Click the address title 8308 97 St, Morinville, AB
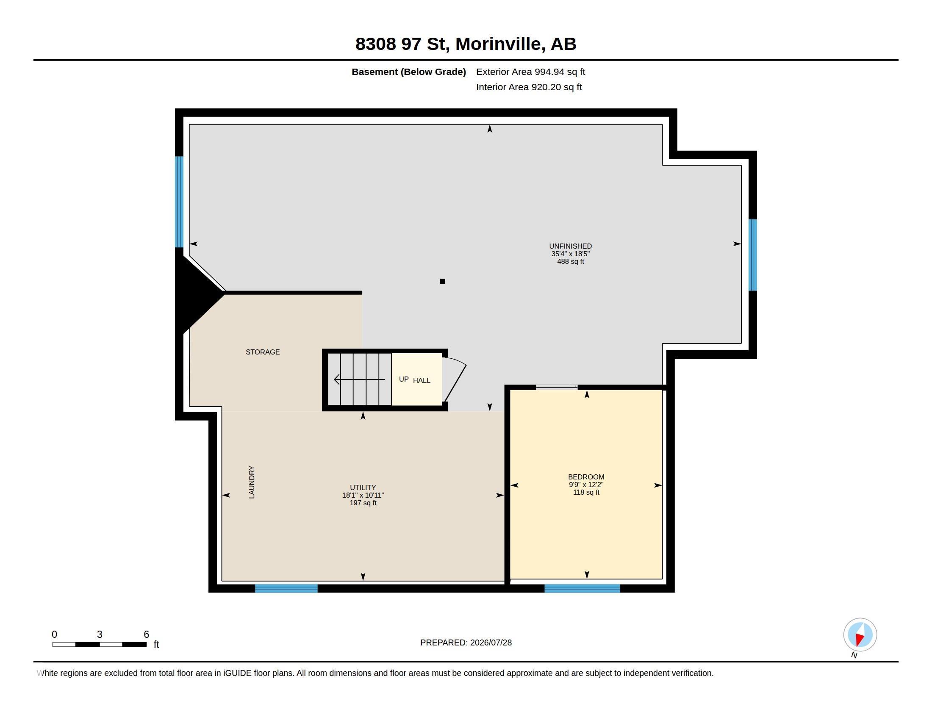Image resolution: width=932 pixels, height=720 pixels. pos(466,44)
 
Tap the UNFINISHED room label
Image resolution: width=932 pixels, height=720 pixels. pos(570,246)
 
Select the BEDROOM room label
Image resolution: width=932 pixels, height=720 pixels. pos(586,477)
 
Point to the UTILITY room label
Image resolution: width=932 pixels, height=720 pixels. pos(363,487)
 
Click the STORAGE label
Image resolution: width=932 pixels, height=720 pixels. pos(263,352)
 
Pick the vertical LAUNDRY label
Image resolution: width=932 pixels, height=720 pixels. pos(252,482)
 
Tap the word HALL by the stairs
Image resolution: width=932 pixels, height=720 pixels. pos(422,380)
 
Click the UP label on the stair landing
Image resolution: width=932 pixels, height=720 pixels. pos(404,379)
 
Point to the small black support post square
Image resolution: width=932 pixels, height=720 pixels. pos(443,281)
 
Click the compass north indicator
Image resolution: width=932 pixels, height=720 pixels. pos(860,635)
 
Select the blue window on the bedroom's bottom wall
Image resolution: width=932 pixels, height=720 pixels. pos(582,588)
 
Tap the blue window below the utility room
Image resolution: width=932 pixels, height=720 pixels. pos(286,588)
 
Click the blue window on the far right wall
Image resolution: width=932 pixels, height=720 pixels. pos(753,255)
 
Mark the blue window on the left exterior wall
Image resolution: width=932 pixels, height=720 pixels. pos(179,202)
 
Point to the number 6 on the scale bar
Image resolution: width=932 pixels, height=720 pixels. pos(147,634)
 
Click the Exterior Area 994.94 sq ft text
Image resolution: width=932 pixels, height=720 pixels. pos(530,72)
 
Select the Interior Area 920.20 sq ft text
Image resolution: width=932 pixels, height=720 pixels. pos(529,87)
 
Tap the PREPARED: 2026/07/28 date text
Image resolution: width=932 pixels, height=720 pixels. pos(466,642)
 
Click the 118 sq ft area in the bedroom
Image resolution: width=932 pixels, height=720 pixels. pos(586,492)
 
